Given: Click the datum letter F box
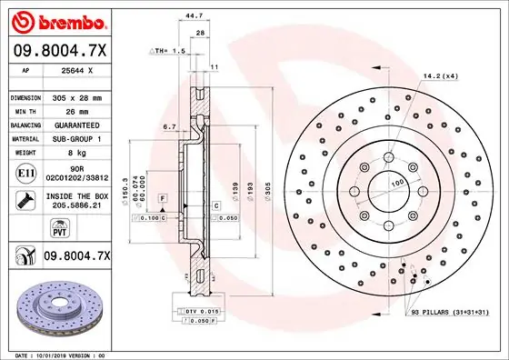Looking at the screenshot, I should click(x=162, y=197).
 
